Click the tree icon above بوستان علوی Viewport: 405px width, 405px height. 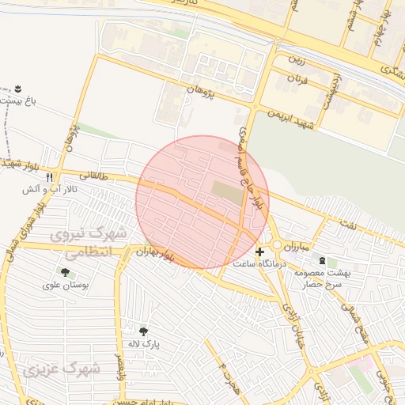click(65, 272)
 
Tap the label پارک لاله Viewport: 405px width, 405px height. click(144, 345)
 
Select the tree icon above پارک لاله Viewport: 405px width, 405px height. click(143, 332)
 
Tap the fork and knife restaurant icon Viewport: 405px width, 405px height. click(49, 177)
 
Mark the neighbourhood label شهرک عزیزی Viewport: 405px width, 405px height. click(62, 369)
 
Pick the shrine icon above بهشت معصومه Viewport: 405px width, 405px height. click(322, 261)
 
